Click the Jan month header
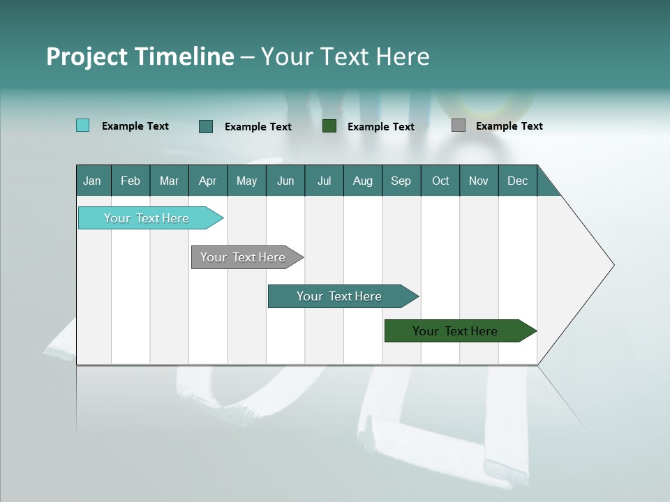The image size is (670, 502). pyautogui.click(x=92, y=181)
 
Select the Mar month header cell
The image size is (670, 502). pyautogui.click(x=169, y=181)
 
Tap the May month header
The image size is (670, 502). pyautogui.click(x=246, y=181)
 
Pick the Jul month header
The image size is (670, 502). pyautogui.click(x=324, y=181)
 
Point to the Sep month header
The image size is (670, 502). pyautogui.click(x=401, y=181)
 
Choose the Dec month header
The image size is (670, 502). pyautogui.click(x=517, y=181)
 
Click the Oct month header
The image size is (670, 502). pyautogui.click(x=440, y=181)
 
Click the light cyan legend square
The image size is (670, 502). pyautogui.click(x=82, y=125)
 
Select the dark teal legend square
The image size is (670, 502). pyautogui.click(x=206, y=126)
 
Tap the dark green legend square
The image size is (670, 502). pyautogui.click(x=329, y=125)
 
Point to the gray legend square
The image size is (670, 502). pyautogui.click(x=459, y=125)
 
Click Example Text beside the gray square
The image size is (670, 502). pyautogui.click(x=509, y=125)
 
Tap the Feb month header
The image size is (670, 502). pyautogui.click(x=131, y=181)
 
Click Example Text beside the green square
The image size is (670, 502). pyautogui.click(x=380, y=126)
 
